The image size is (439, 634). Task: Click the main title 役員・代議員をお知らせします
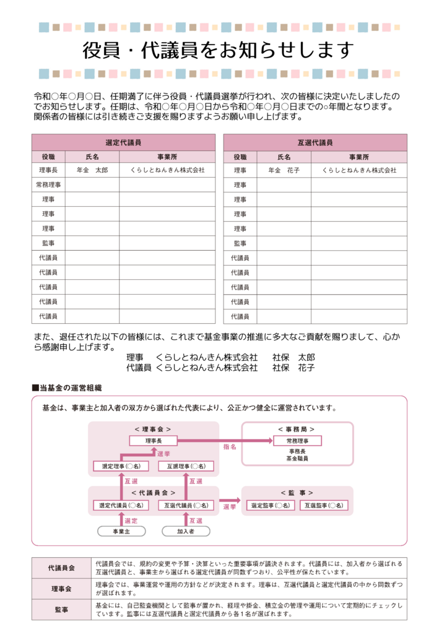pyautogui.click(x=219, y=50)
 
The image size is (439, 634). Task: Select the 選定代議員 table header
pyautogui.click(x=123, y=142)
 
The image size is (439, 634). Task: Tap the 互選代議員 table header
pyautogui.click(x=315, y=142)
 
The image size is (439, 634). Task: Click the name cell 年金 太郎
pyautogui.click(x=92, y=170)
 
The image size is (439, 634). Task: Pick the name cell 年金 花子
pyautogui.click(x=284, y=170)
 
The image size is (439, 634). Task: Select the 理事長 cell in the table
pyautogui.click(x=48, y=170)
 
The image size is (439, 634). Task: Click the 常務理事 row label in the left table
pyautogui.click(x=48, y=185)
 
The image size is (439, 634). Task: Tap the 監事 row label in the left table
pyautogui.click(x=48, y=243)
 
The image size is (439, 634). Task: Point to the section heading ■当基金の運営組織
pyautogui.click(x=67, y=388)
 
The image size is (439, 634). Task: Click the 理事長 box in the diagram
pyautogui.click(x=153, y=441)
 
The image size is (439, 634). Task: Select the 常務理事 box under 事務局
pyautogui.click(x=297, y=441)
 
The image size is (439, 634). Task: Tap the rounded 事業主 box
pyautogui.click(x=121, y=531)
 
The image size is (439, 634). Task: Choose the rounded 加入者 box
pyautogui.click(x=186, y=531)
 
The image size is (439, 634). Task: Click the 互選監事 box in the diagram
pyautogui.click(x=321, y=506)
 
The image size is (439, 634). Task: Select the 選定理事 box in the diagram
pyautogui.click(x=121, y=466)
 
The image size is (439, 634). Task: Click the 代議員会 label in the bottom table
pyautogui.click(x=61, y=568)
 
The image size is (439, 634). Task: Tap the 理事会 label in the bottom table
pyautogui.click(x=61, y=588)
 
